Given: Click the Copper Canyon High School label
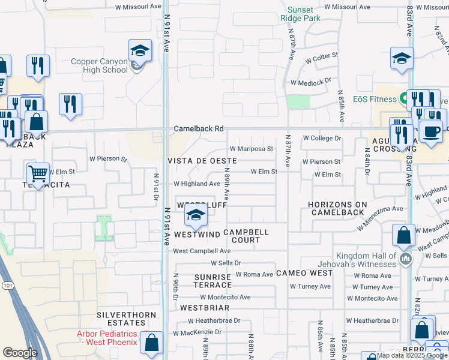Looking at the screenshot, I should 99,65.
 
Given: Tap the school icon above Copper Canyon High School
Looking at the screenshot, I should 139,50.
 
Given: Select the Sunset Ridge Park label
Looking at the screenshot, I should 300,14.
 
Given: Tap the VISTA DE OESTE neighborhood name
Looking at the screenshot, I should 202,161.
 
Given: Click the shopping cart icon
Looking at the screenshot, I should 38,173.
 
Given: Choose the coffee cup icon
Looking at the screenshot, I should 430,130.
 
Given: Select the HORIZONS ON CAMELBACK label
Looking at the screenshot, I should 336,208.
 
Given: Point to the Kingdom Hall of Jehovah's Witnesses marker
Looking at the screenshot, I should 406,259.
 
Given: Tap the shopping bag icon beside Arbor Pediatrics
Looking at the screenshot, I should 152,343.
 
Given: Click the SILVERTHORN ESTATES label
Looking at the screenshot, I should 127,319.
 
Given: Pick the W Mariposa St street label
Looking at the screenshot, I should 251,149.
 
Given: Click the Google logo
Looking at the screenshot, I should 20,353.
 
